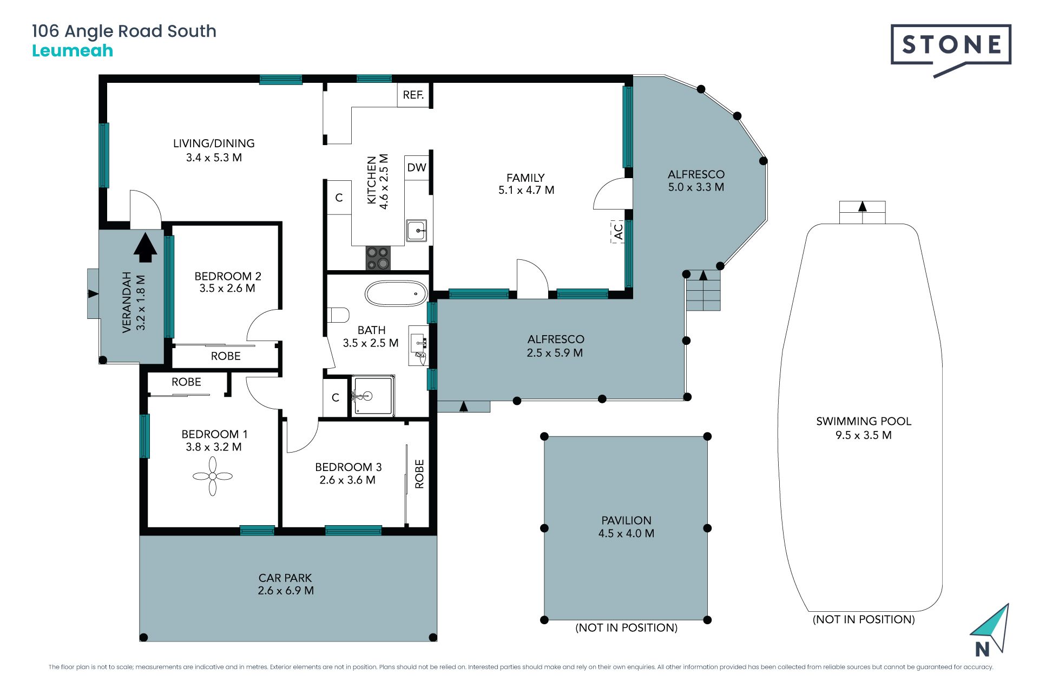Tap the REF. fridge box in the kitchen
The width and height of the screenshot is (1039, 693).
click(413, 95)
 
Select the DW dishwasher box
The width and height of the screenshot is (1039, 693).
click(417, 167)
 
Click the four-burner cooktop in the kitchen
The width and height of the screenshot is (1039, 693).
click(378, 258)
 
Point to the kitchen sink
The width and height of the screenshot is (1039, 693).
click(417, 231)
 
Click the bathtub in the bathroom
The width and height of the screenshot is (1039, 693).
click(397, 294)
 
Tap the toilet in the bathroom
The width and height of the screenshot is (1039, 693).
click(338, 315)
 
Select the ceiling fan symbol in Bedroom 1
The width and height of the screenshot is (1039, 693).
click(213, 476)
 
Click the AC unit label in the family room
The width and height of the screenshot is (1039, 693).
click(618, 232)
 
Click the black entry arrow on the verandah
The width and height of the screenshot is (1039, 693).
click(145, 248)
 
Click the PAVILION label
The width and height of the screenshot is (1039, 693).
click(626, 520)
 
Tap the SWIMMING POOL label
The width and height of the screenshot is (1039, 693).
click(864, 421)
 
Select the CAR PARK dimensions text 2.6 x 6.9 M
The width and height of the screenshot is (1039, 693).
click(286, 591)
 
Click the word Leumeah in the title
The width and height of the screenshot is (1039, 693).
click(73, 51)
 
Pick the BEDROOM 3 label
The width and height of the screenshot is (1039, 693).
click(348, 467)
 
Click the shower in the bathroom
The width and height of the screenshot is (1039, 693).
click(373, 396)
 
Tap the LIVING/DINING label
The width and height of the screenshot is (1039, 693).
click(214, 143)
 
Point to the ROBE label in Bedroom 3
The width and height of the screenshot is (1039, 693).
click(419, 474)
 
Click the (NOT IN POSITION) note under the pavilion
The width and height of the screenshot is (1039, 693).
click(626, 627)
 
